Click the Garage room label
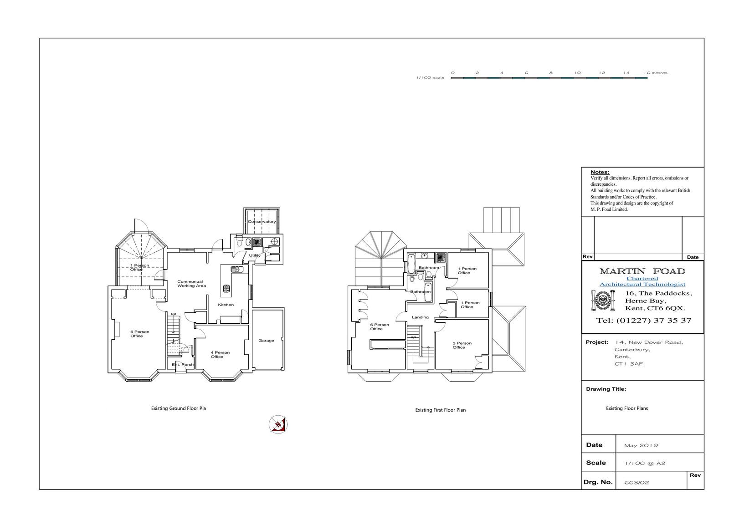tap(266, 341)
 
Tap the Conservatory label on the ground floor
tap(262, 222)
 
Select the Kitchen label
tap(226, 305)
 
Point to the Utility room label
tap(255, 255)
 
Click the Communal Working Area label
tap(191, 284)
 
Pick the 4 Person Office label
tap(220, 355)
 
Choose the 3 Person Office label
tap(462, 345)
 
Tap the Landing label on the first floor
tap(420, 317)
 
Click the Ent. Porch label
tap(183, 365)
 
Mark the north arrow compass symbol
tap(278, 424)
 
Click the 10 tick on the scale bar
tap(577, 73)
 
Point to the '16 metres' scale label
tap(656, 73)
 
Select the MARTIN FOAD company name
tap(642, 271)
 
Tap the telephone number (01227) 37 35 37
tap(654, 321)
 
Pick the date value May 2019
tap(641, 445)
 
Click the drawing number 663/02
tap(637, 483)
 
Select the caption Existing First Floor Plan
tap(440, 410)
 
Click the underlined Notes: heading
tap(600, 172)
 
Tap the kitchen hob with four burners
tap(226, 288)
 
